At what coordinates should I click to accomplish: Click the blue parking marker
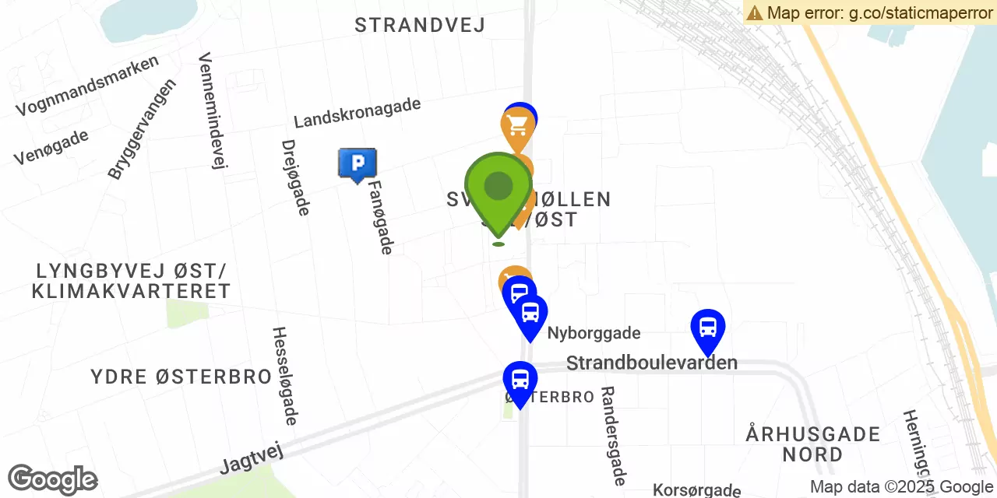coord(357,163)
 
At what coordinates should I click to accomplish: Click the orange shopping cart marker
coord(517,126)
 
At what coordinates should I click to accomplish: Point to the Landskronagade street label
coord(358,114)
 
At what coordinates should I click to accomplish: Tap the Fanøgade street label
coord(381,217)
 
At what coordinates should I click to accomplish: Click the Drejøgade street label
coord(296,177)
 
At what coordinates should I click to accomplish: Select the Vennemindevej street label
coord(212,110)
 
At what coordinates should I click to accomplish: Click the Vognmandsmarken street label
coord(87,86)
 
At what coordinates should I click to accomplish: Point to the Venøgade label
coord(51,147)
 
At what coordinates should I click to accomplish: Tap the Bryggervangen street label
coord(143,128)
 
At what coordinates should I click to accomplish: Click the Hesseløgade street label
coord(284,376)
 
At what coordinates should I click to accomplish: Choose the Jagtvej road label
coord(251,456)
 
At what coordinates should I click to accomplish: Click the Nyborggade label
coord(594,334)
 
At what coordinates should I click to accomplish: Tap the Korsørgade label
coord(696,490)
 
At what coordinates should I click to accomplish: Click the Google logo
coord(52,479)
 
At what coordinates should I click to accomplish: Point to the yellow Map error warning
coord(870,12)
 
